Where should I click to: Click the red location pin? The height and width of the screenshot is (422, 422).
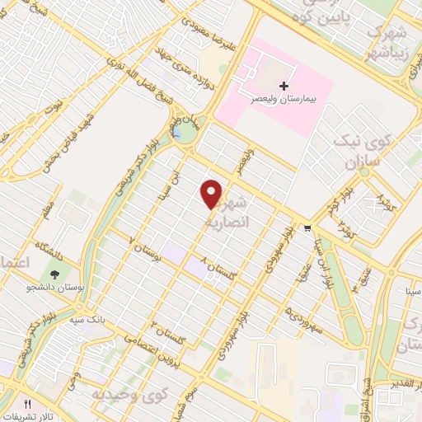(212, 194)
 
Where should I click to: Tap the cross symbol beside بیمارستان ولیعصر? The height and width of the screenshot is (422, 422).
(284, 86)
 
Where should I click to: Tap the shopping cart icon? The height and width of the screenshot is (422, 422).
(308, 228)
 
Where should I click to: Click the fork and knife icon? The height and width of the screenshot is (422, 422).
(27, 405)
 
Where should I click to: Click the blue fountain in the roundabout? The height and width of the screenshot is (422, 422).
(177, 132)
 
